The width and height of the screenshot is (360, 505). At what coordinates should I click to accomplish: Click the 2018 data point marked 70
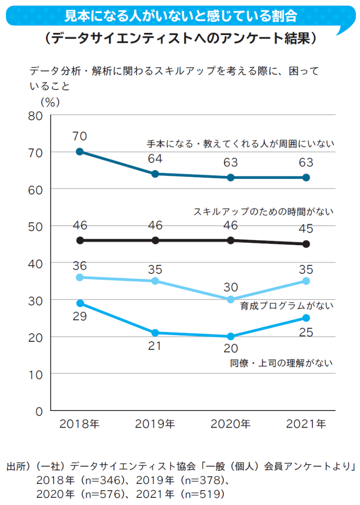pos(80,152)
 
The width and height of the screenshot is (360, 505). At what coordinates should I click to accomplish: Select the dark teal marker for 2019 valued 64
pos(155,174)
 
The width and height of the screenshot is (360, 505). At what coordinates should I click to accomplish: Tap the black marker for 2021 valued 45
pos(306,244)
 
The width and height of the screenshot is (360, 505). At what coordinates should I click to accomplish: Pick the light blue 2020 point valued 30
pos(230,299)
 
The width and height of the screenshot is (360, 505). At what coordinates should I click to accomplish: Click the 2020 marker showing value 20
pos(230,336)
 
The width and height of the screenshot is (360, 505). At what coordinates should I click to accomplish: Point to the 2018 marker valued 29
pos(80,303)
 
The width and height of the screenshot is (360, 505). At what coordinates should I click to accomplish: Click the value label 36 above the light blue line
pos(80,265)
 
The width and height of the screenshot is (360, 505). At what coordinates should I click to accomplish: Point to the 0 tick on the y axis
pos(39,411)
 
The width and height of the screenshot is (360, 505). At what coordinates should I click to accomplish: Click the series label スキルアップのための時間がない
pos(263,211)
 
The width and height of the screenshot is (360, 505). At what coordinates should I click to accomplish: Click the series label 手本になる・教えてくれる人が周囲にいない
pos(241,144)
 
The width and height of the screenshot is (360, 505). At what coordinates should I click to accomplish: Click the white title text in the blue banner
pos(180,17)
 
